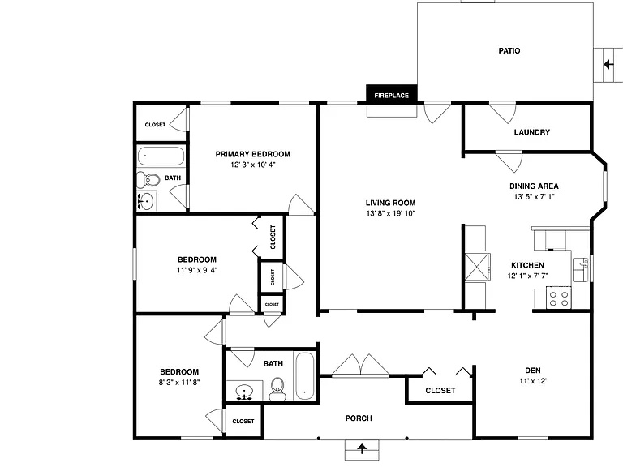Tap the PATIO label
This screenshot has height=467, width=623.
[x=509, y=51]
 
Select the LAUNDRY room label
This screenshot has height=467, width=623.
[x=531, y=132]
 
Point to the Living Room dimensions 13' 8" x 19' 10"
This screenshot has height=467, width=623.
[x=390, y=214]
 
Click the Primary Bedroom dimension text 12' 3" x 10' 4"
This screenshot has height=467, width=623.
[x=253, y=165]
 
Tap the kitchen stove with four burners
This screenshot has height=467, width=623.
[x=559, y=299]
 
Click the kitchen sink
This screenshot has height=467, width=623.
[x=581, y=269]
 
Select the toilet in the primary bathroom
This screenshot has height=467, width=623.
[x=148, y=180]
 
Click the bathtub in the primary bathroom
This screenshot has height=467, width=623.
[x=161, y=156]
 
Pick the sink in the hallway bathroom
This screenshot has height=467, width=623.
[x=243, y=392]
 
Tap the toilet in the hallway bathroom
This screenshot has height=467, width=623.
[x=277, y=389]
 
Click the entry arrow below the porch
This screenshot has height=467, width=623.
[x=362, y=449]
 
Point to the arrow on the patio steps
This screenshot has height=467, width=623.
[x=608, y=64]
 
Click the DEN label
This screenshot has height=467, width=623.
[x=532, y=371]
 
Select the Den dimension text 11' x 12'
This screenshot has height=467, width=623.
[x=533, y=381]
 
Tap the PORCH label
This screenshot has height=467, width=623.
[x=359, y=418]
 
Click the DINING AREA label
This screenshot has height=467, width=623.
[x=534, y=186]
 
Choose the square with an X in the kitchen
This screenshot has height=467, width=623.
[x=478, y=267]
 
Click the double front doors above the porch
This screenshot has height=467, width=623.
[x=360, y=366]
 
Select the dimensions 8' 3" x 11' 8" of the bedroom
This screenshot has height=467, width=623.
[x=178, y=383]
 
